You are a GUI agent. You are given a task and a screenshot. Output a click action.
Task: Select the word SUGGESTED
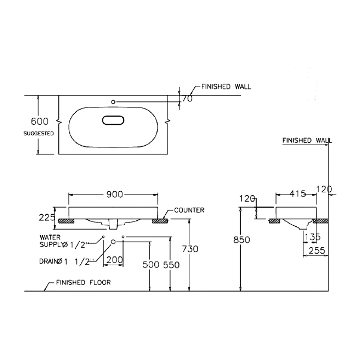(x=39, y=134)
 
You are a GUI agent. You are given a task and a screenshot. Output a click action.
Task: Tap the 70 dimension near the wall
(x=187, y=98)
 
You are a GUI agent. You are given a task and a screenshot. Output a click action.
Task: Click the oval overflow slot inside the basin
(x=114, y=120)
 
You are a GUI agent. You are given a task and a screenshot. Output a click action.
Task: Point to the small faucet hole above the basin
(x=113, y=102)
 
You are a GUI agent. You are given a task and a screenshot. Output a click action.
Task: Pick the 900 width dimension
(x=114, y=194)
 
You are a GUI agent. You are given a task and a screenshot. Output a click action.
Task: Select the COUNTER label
(x=189, y=210)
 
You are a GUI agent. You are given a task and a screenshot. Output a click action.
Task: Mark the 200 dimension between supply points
(x=114, y=260)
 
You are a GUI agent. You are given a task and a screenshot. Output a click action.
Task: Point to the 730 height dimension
(x=190, y=249)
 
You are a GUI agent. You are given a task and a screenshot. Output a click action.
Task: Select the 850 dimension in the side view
(x=241, y=240)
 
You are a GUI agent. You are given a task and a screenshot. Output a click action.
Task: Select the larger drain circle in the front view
(x=113, y=242)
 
